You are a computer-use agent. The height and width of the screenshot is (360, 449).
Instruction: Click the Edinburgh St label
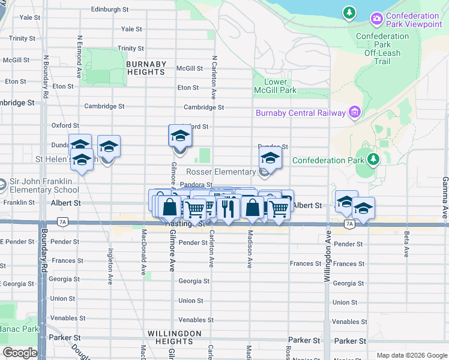tap(110, 10)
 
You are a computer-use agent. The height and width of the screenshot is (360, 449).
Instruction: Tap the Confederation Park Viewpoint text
tap(414, 20)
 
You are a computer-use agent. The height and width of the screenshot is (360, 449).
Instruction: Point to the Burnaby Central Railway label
tap(300, 113)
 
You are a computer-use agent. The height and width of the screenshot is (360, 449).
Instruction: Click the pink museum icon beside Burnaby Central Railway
tap(355, 112)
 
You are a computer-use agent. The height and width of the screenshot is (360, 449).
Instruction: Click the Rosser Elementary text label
tap(225, 172)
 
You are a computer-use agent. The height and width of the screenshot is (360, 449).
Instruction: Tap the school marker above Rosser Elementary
tap(270, 159)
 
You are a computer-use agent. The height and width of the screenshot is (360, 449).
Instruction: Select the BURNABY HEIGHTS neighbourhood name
tap(146, 68)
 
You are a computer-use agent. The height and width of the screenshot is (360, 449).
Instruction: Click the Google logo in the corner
tap(19, 353)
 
